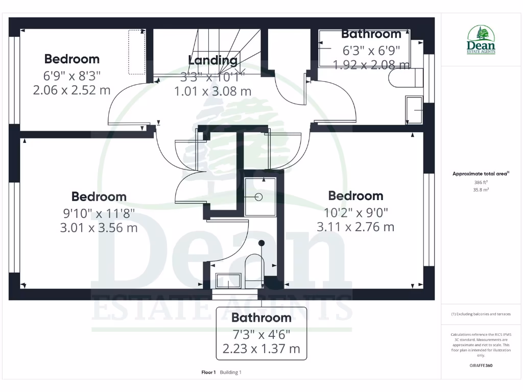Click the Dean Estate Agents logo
(481, 40)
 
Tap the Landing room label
(212, 60)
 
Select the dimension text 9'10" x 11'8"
(99, 212)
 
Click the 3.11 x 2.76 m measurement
(355, 227)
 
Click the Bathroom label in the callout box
(261, 317)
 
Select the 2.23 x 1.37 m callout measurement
(261, 350)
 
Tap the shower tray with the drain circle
(259, 197)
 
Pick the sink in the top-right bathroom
(414, 109)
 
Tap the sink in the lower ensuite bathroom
(228, 281)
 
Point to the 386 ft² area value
(481, 182)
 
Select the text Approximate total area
(480, 174)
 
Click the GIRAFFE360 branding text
(481, 365)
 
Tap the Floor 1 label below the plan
(209, 372)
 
